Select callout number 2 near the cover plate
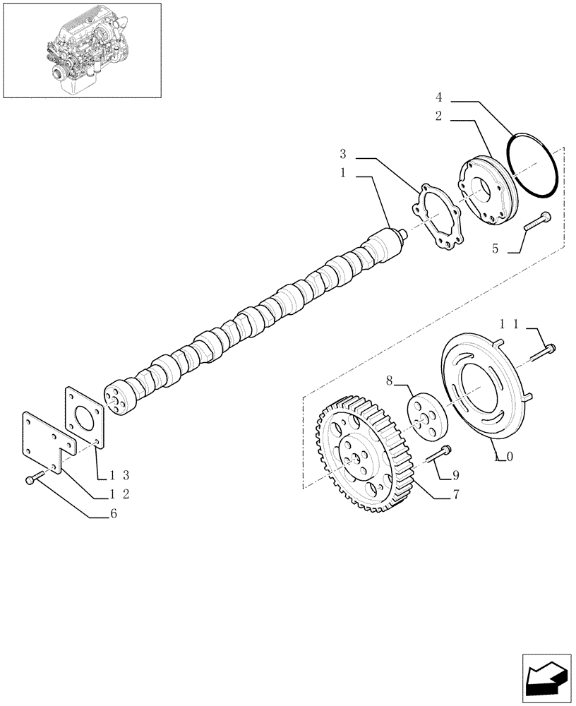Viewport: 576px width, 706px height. click(438, 116)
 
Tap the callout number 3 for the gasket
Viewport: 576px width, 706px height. click(342, 154)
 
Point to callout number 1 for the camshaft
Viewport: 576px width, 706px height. click(342, 172)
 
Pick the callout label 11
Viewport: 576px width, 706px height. click(510, 324)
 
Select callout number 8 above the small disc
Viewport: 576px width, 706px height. click(389, 382)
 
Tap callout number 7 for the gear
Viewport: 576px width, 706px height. click(456, 495)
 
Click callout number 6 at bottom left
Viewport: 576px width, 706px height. click(113, 515)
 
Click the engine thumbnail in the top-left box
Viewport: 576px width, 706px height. click(81, 51)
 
